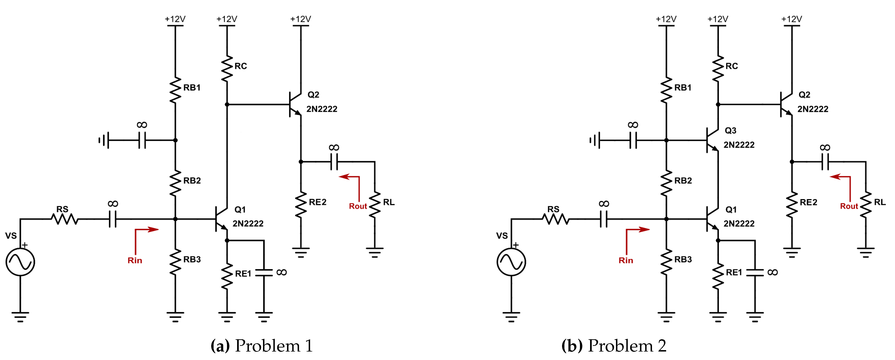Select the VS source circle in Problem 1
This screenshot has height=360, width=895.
point(20,262)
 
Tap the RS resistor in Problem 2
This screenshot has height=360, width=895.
point(555,219)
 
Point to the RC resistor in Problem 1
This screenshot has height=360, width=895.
point(227,69)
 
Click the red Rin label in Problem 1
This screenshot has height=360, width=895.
point(135,260)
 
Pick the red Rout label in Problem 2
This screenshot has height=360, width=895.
point(849,206)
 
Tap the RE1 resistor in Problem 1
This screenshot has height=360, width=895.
point(227,276)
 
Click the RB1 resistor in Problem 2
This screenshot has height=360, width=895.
point(666,90)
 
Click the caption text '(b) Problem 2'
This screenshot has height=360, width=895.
point(614,346)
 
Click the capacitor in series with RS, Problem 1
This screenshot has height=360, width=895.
point(113,219)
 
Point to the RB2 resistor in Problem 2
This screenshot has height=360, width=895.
point(666,183)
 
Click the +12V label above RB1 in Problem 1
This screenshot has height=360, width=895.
point(175,19)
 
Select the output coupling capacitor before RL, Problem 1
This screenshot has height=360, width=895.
point(334,162)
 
